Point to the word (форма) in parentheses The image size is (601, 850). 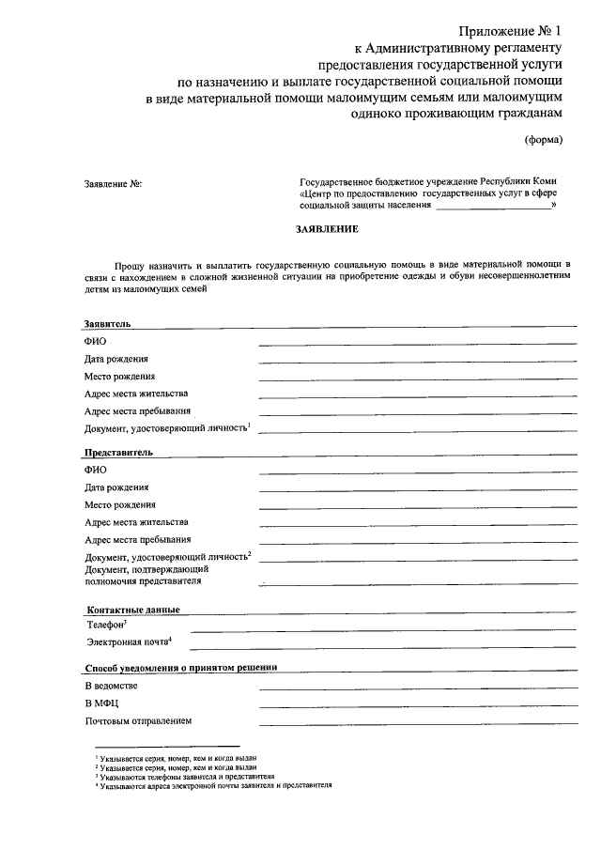click(544, 140)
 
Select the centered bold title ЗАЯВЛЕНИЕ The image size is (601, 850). click(328, 228)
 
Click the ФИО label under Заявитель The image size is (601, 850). click(95, 341)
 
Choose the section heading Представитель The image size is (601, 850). click(118, 452)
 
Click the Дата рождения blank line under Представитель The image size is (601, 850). click(418, 491)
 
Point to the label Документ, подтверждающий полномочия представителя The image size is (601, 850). click(146, 575)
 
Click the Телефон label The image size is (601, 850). click(108, 624)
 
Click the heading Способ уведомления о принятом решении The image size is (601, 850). click(180, 668)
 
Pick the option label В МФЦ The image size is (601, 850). click(101, 703)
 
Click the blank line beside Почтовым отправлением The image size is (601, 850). click(418, 724)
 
